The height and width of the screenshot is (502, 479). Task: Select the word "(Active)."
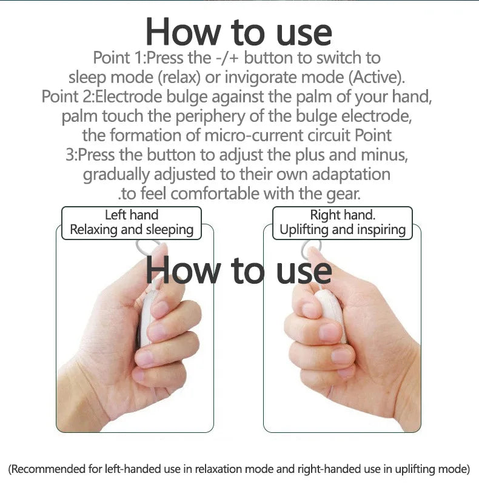point(377,78)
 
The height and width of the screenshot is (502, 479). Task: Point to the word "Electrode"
point(129,96)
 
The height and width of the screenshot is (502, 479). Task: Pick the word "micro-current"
point(253,135)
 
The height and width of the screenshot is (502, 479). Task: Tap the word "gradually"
point(116,175)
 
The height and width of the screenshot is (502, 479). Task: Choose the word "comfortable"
point(215,193)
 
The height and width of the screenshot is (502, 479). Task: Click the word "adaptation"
point(351,175)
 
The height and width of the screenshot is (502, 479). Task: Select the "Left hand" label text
point(132,215)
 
